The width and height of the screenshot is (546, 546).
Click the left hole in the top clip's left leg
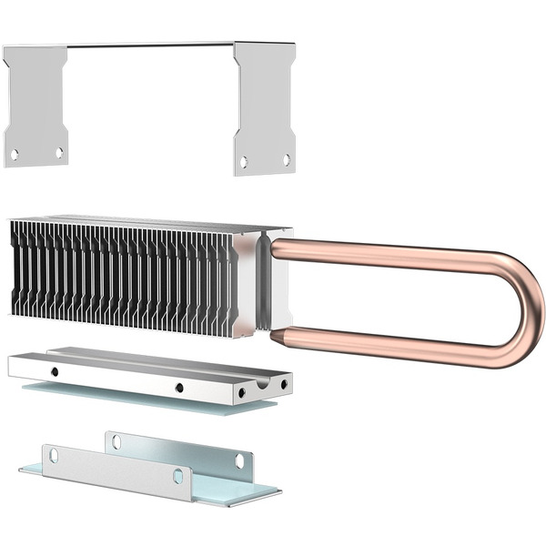point(14,155)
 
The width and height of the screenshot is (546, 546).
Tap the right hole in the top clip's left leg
point(59,153)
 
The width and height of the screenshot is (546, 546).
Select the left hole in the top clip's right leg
point(243,162)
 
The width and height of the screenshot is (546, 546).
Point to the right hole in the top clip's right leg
point(286,160)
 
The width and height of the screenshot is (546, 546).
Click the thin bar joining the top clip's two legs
point(150,45)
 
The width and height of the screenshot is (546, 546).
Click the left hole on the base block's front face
point(54,371)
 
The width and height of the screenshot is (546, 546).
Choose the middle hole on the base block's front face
point(178,388)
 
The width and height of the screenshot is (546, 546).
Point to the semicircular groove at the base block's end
point(262,383)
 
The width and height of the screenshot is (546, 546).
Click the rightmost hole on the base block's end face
point(285,385)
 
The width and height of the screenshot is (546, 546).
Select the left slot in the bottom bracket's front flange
point(53,454)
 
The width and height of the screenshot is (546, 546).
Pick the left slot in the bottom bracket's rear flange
point(116,442)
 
